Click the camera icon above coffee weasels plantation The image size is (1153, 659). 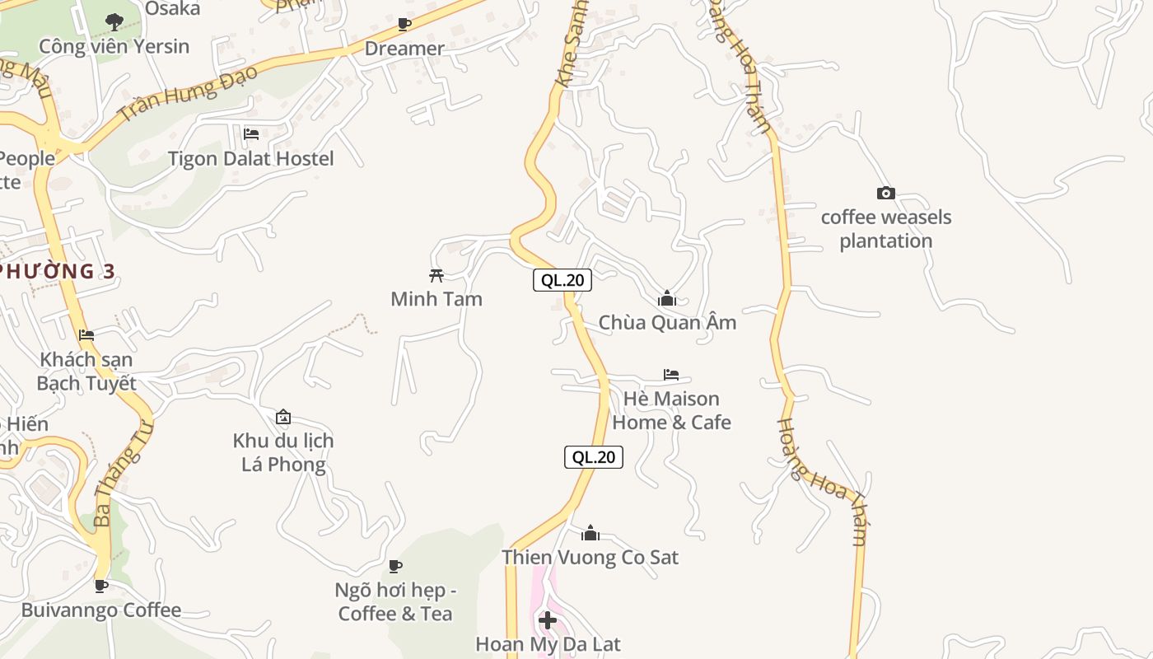pyautogui.click(x=886, y=194)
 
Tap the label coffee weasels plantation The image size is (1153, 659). pyautogui.click(x=886, y=229)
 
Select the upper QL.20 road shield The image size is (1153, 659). pyautogui.click(x=562, y=280)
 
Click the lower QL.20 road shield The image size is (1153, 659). pyautogui.click(x=594, y=457)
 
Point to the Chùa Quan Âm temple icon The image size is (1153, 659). pyautogui.click(x=667, y=298)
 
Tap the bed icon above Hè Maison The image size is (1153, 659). pyautogui.click(x=671, y=375)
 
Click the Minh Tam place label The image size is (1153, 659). pyautogui.click(x=436, y=299)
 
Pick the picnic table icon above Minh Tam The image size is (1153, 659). pyautogui.click(x=436, y=275)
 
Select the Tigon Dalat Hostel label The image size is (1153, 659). pyautogui.click(x=251, y=158)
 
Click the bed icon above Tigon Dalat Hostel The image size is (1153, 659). pyautogui.click(x=251, y=133)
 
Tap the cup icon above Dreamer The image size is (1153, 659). pyautogui.click(x=404, y=25)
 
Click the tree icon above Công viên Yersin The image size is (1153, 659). pyautogui.click(x=114, y=21)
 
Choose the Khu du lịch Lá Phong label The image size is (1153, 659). pyautogui.click(x=283, y=452)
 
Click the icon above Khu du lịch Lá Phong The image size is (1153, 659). pyautogui.click(x=283, y=417)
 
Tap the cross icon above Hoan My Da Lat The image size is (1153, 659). pyautogui.click(x=548, y=619)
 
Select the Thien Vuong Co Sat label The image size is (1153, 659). pyautogui.click(x=591, y=558)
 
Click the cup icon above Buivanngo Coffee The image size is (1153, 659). pyautogui.click(x=101, y=586)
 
